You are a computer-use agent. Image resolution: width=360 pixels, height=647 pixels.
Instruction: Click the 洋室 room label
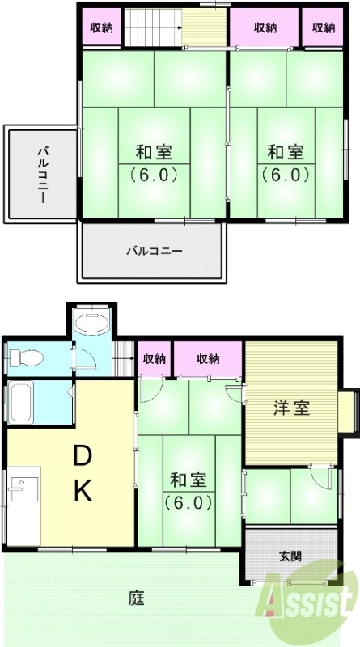tap(290, 408)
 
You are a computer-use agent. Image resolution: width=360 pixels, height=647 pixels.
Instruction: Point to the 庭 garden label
tap(135, 599)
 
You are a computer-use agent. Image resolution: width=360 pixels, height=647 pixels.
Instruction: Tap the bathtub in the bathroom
tap(20, 401)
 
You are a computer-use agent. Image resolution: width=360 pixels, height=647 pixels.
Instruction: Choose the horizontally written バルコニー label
tap(153, 251)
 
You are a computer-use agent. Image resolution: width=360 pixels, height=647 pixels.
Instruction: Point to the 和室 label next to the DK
tap(189, 479)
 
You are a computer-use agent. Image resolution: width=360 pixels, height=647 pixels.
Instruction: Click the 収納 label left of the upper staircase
tap(102, 27)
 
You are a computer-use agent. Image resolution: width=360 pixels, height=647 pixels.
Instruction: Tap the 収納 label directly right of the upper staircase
tap(266, 27)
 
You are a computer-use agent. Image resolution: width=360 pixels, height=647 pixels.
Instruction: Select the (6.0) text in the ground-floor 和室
tap(189, 502)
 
